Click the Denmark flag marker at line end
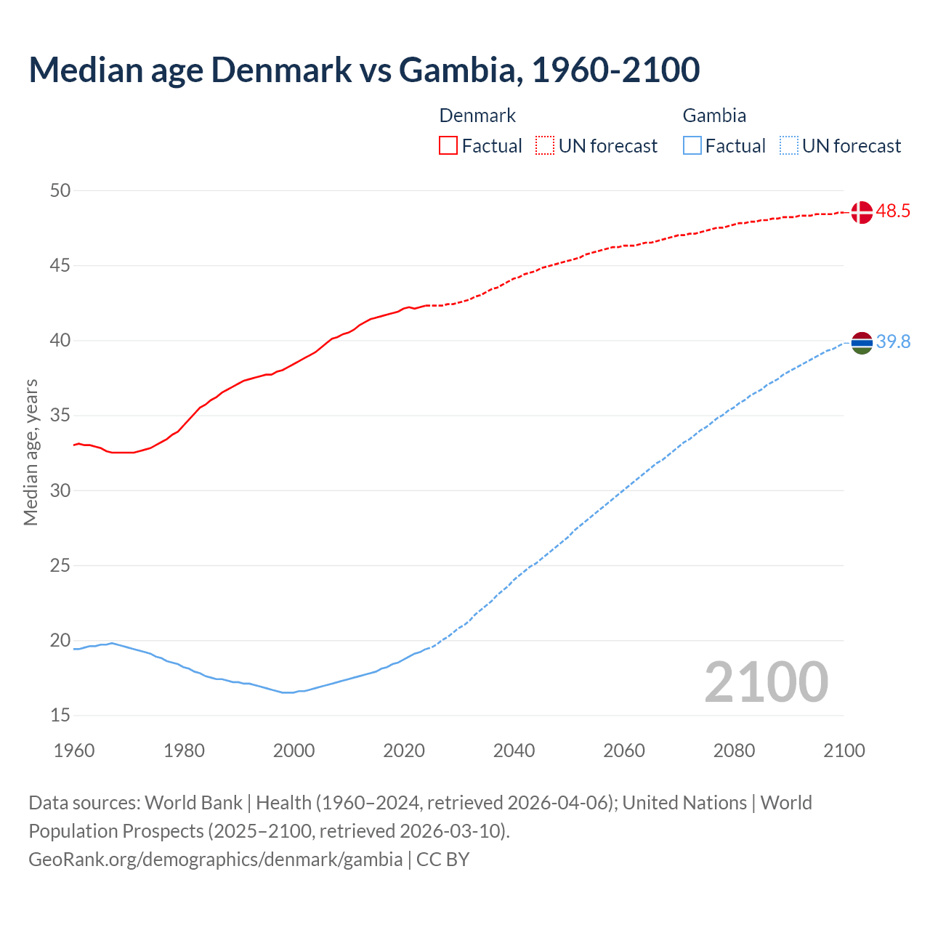[x=862, y=212]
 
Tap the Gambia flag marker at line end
[x=862, y=342]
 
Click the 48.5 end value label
[x=893, y=211]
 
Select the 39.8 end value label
[x=893, y=341]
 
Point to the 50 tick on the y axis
[x=60, y=190]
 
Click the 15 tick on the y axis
[x=60, y=716]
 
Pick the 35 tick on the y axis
[x=60, y=416]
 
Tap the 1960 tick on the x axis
[x=74, y=751]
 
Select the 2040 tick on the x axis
[x=514, y=751]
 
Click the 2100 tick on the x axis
[x=844, y=751]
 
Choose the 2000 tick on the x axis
[x=294, y=751]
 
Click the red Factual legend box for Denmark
[x=448, y=146]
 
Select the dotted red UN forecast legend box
[x=545, y=146]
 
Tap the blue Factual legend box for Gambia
[x=692, y=146]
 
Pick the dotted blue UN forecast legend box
[x=788, y=146]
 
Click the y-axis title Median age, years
[x=31, y=452]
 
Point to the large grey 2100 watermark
[x=766, y=682]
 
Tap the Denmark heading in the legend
[x=477, y=116]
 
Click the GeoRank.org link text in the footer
[x=215, y=860]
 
